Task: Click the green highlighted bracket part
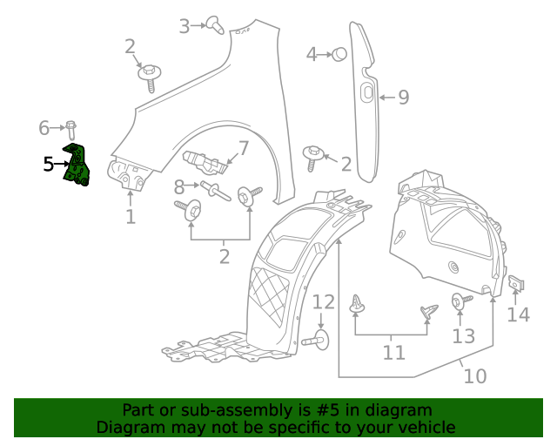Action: [x=77, y=166]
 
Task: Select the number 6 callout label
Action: [x=44, y=129]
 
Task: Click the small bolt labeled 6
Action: [x=70, y=130]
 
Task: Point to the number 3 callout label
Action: [x=185, y=26]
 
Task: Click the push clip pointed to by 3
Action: [x=214, y=25]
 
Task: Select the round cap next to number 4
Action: [x=339, y=54]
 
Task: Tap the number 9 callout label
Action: [x=403, y=98]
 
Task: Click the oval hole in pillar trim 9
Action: [x=366, y=91]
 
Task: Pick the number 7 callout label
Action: [x=243, y=147]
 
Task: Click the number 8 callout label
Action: [x=179, y=186]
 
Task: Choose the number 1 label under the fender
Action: [x=131, y=216]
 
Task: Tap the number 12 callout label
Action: [x=324, y=302]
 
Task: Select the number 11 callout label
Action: [x=394, y=353]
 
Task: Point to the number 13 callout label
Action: [x=464, y=336]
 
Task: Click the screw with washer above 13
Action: [x=459, y=301]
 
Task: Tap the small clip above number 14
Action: [x=516, y=283]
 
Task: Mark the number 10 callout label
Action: [x=474, y=376]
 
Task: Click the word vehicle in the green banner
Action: [x=423, y=428]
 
